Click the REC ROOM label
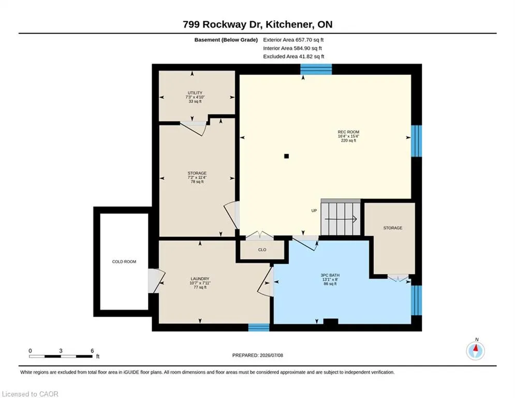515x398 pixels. point(348,132)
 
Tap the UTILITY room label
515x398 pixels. point(195,93)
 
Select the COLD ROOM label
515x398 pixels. point(124,262)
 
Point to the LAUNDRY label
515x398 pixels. point(200,279)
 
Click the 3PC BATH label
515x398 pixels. point(330,275)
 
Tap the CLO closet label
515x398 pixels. point(262,250)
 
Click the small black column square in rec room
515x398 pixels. point(286,156)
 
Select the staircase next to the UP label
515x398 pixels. point(341,218)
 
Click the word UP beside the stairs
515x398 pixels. point(314,210)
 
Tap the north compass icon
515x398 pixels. point(475,351)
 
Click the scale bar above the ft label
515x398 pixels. point(61,356)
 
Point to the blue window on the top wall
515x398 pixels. point(316,69)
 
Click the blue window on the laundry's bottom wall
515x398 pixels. point(258,328)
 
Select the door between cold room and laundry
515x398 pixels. point(155,281)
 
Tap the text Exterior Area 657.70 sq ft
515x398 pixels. point(293,40)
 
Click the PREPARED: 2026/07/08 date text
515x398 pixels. point(258,355)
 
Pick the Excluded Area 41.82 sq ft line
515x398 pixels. point(293,56)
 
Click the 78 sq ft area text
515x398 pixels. point(197,181)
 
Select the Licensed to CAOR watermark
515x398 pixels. point(30,394)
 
